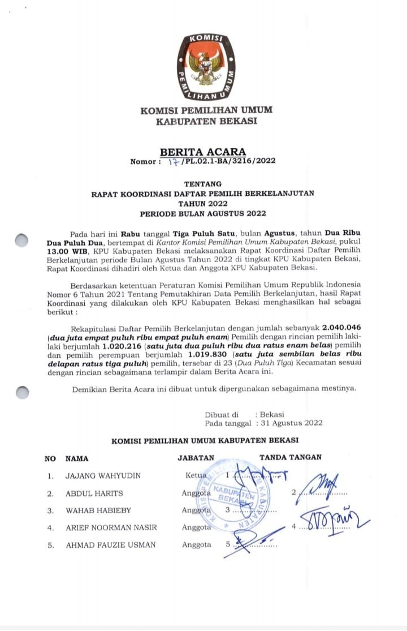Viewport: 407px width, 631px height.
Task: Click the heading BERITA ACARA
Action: [x=203, y=152]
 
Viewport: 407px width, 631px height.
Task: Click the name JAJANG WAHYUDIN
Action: [x=103, y=476]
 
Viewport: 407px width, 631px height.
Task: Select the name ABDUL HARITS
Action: [x=94, y=493]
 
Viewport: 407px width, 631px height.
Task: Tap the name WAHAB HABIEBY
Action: [x=98, y=510]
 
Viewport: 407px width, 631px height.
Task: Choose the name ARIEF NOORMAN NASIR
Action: [x=111, y=528]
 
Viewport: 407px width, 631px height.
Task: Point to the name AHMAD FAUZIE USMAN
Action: [x=111, y=545]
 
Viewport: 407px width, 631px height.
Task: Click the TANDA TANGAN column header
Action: [x=290, y=457]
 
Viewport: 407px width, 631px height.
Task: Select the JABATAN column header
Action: [x=196, y=458]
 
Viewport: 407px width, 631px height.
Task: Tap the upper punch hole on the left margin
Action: [x=21, y=240]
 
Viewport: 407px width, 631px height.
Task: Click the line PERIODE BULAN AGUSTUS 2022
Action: [x=203, y=213]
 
